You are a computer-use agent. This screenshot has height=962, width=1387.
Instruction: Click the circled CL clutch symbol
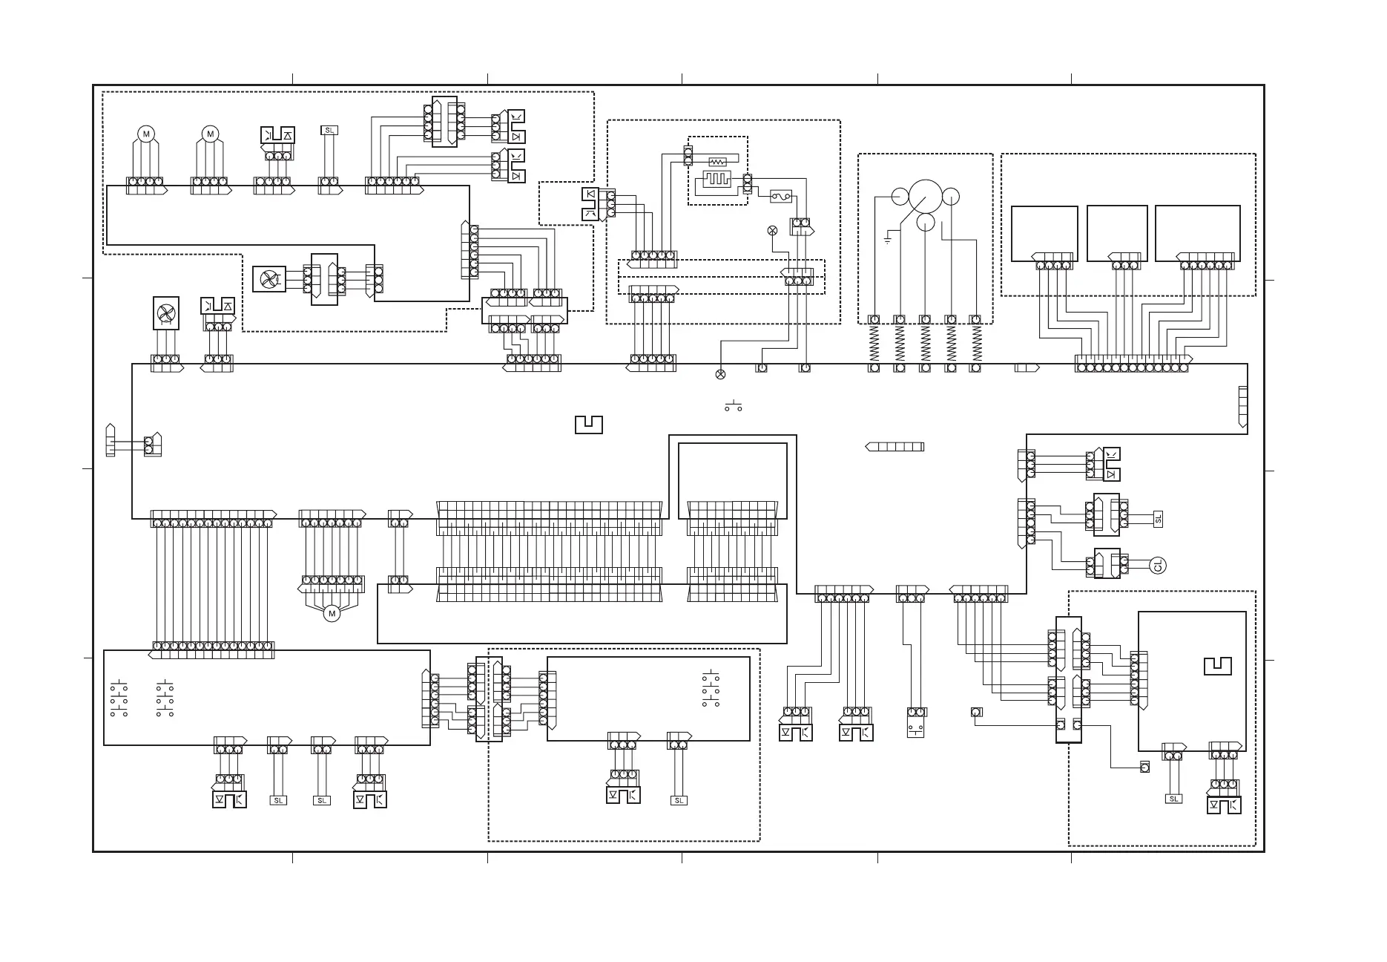pyautogui.click(x=1158, y=566)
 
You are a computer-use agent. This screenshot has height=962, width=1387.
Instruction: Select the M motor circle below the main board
pyautogui.click(x=332, y=614)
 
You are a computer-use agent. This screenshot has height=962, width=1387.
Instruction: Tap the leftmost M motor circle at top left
pyautogui.click(x=146, y=134)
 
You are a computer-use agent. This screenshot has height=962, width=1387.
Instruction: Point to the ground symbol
pyautogui.click(x=888, y=240)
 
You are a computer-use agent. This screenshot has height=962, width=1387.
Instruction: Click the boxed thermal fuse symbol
pyautogui.click(x=781, y=197)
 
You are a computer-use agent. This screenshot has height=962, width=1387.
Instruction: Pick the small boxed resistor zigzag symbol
pyautogui.click(x=717, y=161)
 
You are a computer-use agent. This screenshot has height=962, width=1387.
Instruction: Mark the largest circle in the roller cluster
pyautogui.click(x=926, y=196)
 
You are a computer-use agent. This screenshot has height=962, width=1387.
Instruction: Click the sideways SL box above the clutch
pyautogui.click(x=1158, y=519)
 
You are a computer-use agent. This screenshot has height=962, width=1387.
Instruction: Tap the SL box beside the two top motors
pyautogui.click(x=329, y=131)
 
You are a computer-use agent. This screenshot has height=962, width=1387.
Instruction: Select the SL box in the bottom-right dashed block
pyautogui.click(x=1173, y=799)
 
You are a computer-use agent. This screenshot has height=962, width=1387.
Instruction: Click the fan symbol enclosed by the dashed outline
pyautogui.click(x=268, y=279)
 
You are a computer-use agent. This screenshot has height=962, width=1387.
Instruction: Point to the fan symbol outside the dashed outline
pyautogui.click(x=165, y=313)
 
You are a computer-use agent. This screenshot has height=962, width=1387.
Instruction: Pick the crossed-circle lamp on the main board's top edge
pyautogui.click(x=720, y=374)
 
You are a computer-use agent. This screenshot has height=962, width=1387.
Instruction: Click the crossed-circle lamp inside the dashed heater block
pyautogui.click(x=771, y=230)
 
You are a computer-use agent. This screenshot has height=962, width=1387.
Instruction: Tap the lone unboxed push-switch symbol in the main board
pyautogui.click(x=734, y=406)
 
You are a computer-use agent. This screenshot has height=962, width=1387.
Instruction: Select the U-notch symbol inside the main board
pyautogui.click(x=588, y=425)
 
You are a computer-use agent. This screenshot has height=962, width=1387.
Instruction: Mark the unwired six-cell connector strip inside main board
pyautogui.click(x=895, y=447)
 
